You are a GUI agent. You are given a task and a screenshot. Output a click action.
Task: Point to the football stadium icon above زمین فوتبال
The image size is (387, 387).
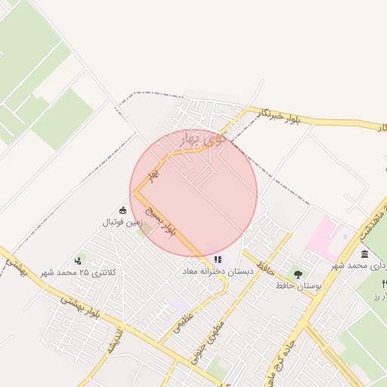point(123,211)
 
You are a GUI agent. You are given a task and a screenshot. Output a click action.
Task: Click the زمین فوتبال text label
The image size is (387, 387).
point(123,223)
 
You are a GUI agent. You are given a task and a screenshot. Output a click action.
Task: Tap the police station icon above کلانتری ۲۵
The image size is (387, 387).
point(78,261)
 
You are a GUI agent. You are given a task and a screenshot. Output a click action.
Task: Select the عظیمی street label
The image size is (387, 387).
point(184,325)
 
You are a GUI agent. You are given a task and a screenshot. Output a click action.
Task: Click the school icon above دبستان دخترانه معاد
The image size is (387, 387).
point(218,260)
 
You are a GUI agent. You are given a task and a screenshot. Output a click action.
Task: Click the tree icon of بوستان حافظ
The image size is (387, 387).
point(298,274)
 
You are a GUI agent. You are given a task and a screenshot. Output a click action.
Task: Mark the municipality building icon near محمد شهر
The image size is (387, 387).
point(365,254)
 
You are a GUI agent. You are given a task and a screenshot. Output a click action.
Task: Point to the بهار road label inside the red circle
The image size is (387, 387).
point(155,175)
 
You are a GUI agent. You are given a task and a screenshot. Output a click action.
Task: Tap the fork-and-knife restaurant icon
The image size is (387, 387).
point(384,283)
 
